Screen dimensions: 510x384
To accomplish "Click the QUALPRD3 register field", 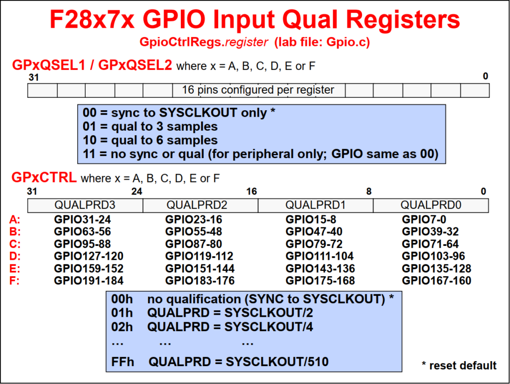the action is tap(85, 205).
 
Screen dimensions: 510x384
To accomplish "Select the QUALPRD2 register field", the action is tap(200, 205).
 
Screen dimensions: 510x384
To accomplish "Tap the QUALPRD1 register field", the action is tap(315, 205).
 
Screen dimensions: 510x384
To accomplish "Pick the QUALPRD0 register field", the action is tap(431, 205).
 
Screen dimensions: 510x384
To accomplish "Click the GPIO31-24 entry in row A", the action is tap(83, 219).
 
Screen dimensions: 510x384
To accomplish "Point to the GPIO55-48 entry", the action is tap(194, 231).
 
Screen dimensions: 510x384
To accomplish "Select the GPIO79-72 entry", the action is tap(314, 244).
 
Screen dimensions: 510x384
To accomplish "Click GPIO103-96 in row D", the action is tap(434, 256).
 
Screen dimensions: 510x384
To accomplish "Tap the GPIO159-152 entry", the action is tap(89, 268).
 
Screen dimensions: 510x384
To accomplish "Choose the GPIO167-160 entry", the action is tap(436, 280).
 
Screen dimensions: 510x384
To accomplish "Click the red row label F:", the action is tap(14, 280).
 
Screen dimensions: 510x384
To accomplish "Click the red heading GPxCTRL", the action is tap(44, 178).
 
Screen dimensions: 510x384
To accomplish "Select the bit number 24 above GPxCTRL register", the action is tap(137, 192).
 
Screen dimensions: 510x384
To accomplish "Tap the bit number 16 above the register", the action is tap(252, 192).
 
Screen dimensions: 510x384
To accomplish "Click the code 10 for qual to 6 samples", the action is tap(90, 140).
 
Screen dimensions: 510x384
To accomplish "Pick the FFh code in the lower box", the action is tap(123, 362).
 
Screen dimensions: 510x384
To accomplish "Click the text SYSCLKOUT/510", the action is tap(277, 362).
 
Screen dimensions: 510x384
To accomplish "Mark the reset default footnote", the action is tap(459, 366).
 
